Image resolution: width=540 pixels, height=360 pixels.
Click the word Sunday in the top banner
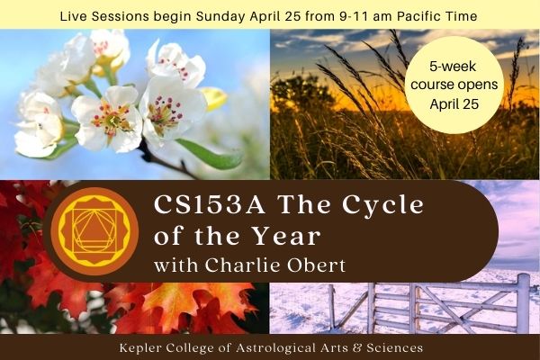[220, 16]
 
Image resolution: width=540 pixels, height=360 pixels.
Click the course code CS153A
[210, 205]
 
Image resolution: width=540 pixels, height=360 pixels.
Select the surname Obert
[316, 265]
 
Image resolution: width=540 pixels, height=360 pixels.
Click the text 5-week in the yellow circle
[453, 67]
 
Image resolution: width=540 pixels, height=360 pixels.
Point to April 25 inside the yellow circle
[454, 104]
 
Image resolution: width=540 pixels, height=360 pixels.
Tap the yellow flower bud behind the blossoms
[214, 98]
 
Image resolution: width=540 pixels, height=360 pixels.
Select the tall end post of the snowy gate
[523, 303]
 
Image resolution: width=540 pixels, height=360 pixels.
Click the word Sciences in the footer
[395, 348]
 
